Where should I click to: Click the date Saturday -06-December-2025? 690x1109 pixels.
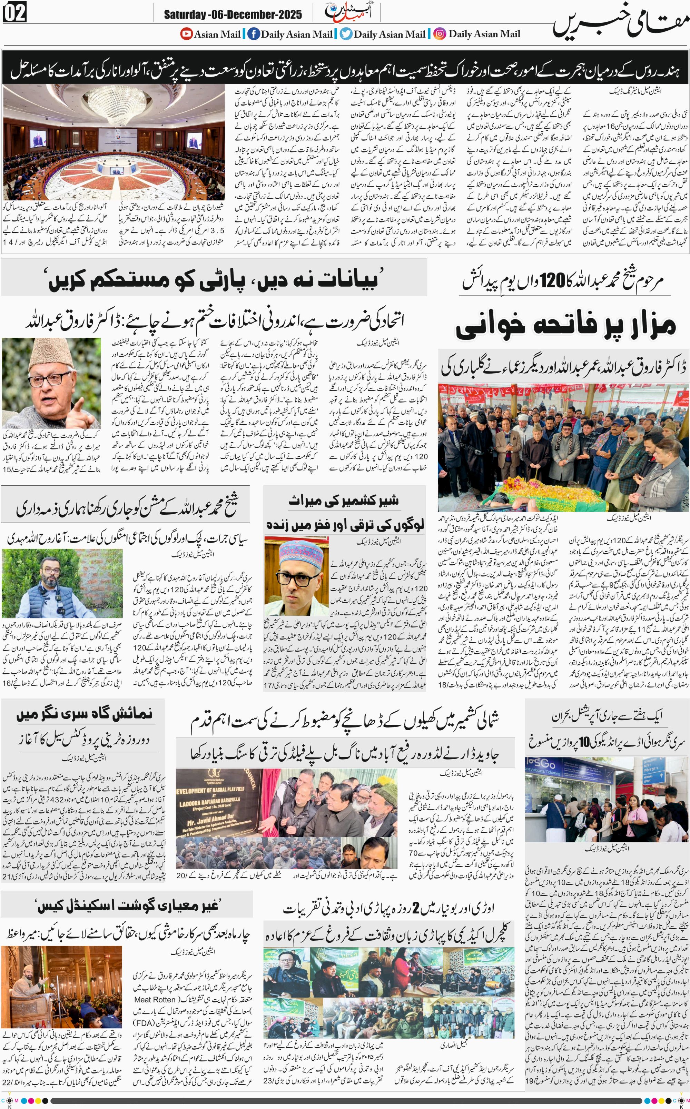coord(233,14)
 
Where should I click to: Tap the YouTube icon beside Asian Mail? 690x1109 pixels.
coord(186,34)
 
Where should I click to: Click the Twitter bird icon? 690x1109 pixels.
coord(346,34)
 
